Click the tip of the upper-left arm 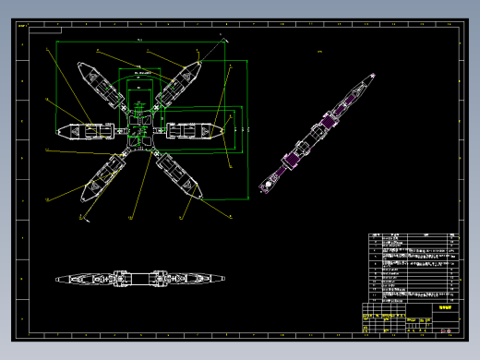80,66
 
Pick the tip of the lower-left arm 84,197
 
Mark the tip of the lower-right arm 199,197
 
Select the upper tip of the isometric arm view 373,77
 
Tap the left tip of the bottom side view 56,279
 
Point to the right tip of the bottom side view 224,277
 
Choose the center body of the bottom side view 140,277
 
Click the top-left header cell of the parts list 376,235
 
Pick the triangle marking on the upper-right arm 186,78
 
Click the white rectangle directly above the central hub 140,93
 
